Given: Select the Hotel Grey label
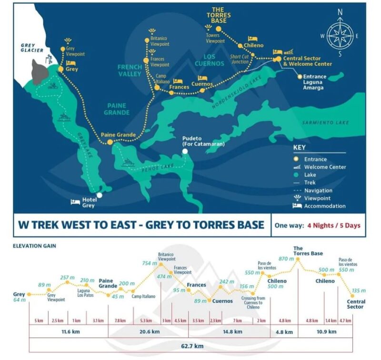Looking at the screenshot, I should coord(88,203).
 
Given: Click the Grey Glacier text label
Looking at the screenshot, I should coord(32,48).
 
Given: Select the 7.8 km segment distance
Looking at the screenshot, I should coord(120,320).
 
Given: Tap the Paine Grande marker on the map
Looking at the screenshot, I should coord(110,142).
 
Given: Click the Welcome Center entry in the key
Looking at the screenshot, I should coord(325,167).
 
